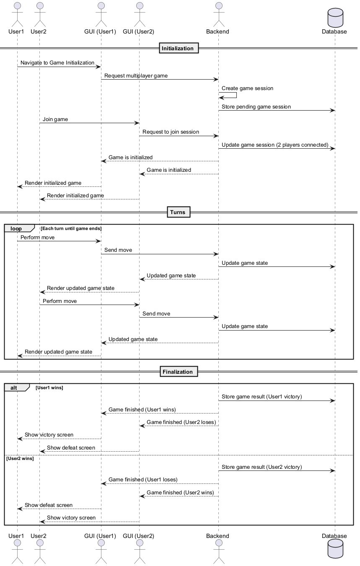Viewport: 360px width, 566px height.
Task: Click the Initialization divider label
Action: (178, 48)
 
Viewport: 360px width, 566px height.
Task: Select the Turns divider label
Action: (178, 212)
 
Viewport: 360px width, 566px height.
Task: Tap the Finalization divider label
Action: (178, 372)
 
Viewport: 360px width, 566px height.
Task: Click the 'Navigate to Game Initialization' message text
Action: (57, 63)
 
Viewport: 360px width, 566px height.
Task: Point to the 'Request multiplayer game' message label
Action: (136, 76)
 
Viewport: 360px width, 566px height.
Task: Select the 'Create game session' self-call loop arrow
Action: (228, 96)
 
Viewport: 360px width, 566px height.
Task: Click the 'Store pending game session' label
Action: (256, 107)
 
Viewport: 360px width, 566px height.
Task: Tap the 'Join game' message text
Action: (55, 119)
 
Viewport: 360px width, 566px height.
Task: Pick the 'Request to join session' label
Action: (171, 132)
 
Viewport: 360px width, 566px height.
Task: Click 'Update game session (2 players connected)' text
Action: (275, 145)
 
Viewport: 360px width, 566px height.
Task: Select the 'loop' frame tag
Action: (16, 228)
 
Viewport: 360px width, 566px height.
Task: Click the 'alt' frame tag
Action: (14, 388)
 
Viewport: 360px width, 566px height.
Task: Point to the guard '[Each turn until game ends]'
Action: (71, 228)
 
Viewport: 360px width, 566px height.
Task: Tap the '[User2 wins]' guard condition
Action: (20, 458)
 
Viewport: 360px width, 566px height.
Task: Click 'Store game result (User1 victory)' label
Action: (262, 396)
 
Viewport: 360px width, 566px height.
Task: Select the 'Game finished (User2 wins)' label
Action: (180, 493)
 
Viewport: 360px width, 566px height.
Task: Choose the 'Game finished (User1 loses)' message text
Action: (143, 480)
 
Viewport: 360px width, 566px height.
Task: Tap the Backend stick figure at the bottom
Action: (218, 553)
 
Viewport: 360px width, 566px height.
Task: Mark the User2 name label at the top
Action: (39, 31)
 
